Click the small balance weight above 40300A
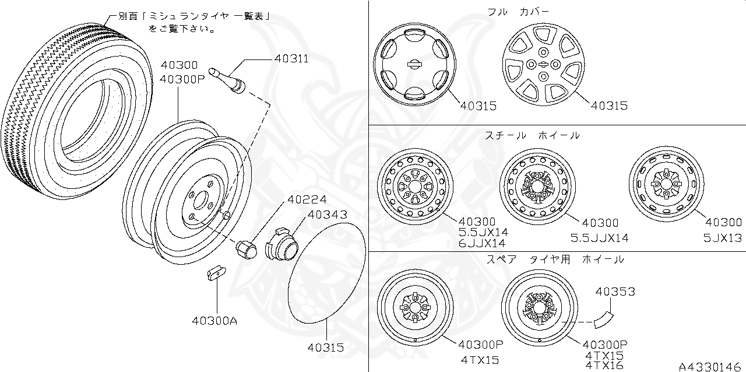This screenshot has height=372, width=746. pyautogui.click(x=215, y=272)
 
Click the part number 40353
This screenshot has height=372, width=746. pyautogui.click(x=615, y=292)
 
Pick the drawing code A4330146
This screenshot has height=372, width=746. pyautogui.click(x=711, y=366)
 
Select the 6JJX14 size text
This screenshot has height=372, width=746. pyautogui.click(x=482, y=244)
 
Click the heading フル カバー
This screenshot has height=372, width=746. pyautogui.click(x=518, y=11)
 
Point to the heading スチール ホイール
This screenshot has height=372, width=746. pyautogui.click(x=532, y=135)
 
